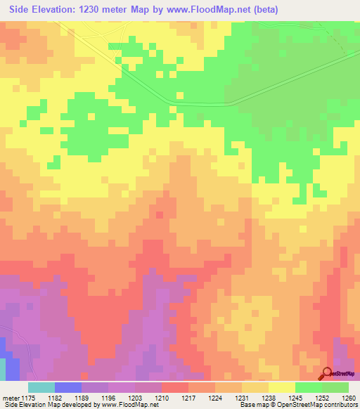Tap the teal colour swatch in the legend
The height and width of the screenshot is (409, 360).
point(41,387)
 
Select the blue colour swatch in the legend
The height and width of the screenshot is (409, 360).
point(68,387)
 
